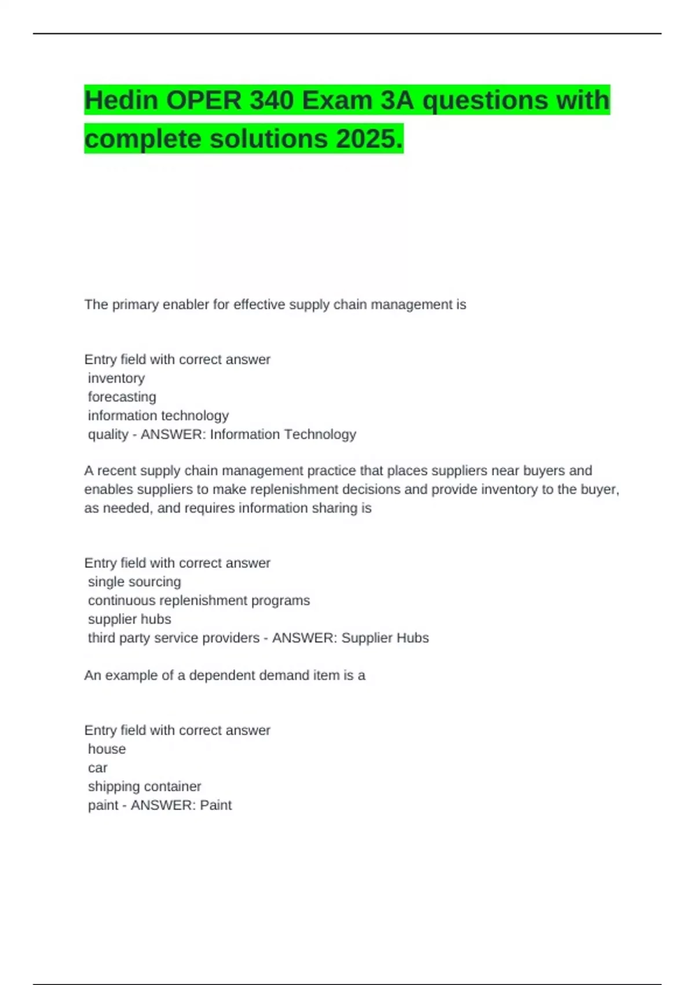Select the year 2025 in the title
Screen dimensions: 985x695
pyautogui.click(x=365, y=139)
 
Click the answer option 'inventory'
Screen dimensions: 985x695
pyautogui.click(x=116, y=378)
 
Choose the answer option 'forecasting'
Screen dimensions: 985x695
pyautogui.click(x=122, y=397)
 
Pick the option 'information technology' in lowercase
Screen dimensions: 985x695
pyautogui.click(x=158, y=415)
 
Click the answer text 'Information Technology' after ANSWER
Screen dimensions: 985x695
pyautogui.click(x=283, y=435)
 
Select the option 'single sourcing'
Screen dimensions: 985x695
pyautogui.click(x=134, y=582)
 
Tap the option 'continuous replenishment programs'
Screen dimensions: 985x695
pyautogui.click(x=199, y=600)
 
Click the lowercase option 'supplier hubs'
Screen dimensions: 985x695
pyautogui.click(x=130, y=619)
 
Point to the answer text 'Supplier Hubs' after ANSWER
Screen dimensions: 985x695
pyautogui.click(x=385, y=638)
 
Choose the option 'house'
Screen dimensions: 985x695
pyautogui.click(x=107, y=749)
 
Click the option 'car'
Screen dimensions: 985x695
pyautogui.click(x=98, y=768)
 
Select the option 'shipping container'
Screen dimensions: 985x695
pyautogui.click(x=145, y=786)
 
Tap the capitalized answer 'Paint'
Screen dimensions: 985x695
pyautogui.click(x=215, y=805)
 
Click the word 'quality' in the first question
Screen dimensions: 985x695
pyautogui.click(x=108, y=435)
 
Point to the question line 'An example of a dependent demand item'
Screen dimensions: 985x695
pyautogui.click(x=225, y=676)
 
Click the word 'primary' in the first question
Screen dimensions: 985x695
pyautogui.click(x=135, y=305)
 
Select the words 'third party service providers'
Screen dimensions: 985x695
pyautogui.click(x=174, y=638)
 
